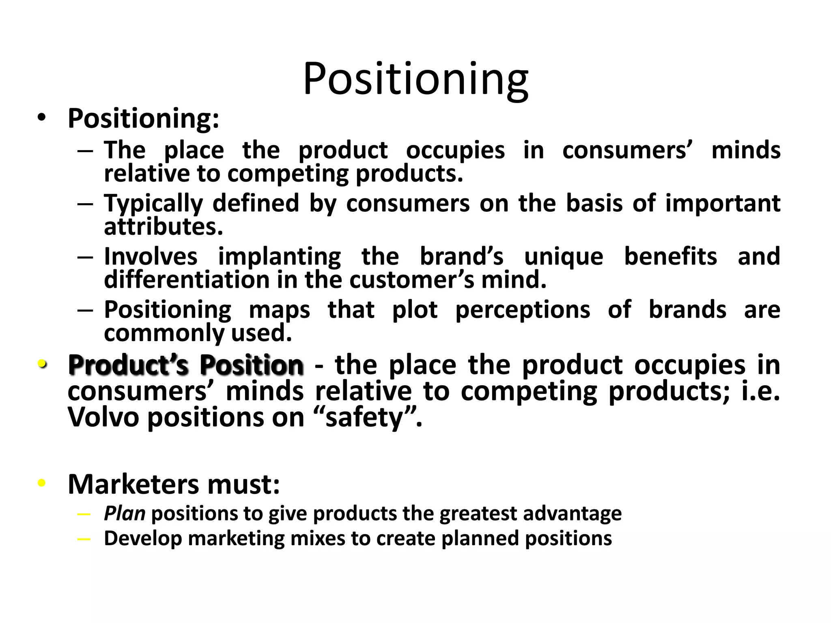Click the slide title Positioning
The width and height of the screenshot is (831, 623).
pos(415,79)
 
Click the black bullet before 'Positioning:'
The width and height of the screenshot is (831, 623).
pos(41,118)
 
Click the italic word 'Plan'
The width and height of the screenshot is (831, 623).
pos(124,513)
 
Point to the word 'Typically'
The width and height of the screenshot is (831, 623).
pos(153,204)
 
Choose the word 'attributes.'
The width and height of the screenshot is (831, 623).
pos(164,227)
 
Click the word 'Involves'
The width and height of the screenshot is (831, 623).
pos(151,256)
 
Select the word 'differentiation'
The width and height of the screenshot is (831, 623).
pos(187,280)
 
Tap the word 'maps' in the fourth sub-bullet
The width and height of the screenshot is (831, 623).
pos(279,310)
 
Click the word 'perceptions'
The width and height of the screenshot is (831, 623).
pos(523,310)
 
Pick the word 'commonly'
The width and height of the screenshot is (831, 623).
pos(164,333)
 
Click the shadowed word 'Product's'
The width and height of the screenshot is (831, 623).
pos(128,365)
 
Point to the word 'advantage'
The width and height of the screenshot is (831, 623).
pos(572,513)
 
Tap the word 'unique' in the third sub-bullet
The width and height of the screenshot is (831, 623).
pos(564,257)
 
